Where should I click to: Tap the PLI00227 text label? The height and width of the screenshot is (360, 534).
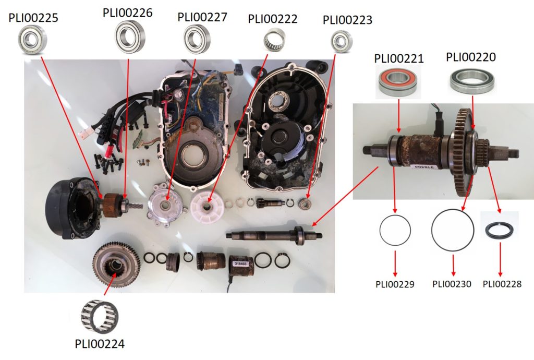pos(202,17)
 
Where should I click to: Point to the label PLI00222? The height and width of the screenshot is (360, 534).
pos(273,19)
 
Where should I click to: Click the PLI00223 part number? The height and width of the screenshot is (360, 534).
pos(347,20)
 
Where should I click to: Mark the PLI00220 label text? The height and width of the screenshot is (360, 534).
pos(471,57)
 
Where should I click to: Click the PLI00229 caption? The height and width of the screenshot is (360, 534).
pos(395,284)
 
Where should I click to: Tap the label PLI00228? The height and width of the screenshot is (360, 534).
pos(502,284)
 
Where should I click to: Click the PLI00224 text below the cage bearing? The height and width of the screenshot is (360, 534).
pos(100,344)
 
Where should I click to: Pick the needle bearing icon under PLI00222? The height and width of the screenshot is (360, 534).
pos(274,40)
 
